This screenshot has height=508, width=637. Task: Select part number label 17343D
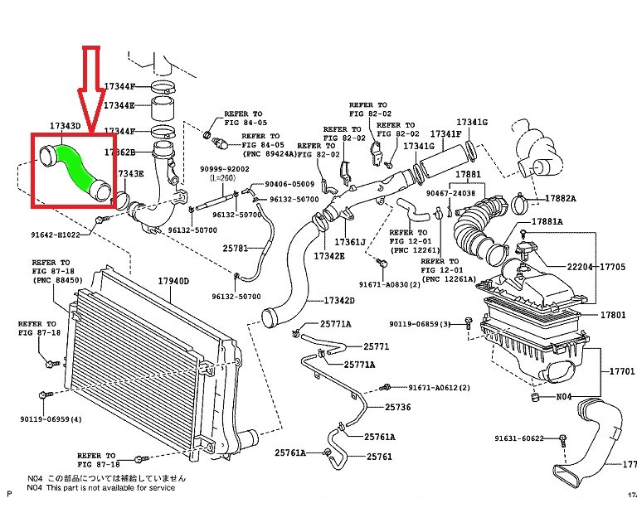[x=65, y=126]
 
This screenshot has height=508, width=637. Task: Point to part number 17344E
[x=119, y=106]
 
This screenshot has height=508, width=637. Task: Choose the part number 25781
[x=236, y=248]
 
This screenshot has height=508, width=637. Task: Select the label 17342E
[x=329, y=257]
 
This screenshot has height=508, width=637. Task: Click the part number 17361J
[x=350, y=242]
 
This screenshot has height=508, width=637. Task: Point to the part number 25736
[x=398, y=407]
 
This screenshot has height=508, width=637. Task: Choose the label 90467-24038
[x=450, y=193]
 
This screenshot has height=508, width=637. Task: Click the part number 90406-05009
[x=289, y=184]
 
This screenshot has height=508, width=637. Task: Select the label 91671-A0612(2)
[x=439, y=388]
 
